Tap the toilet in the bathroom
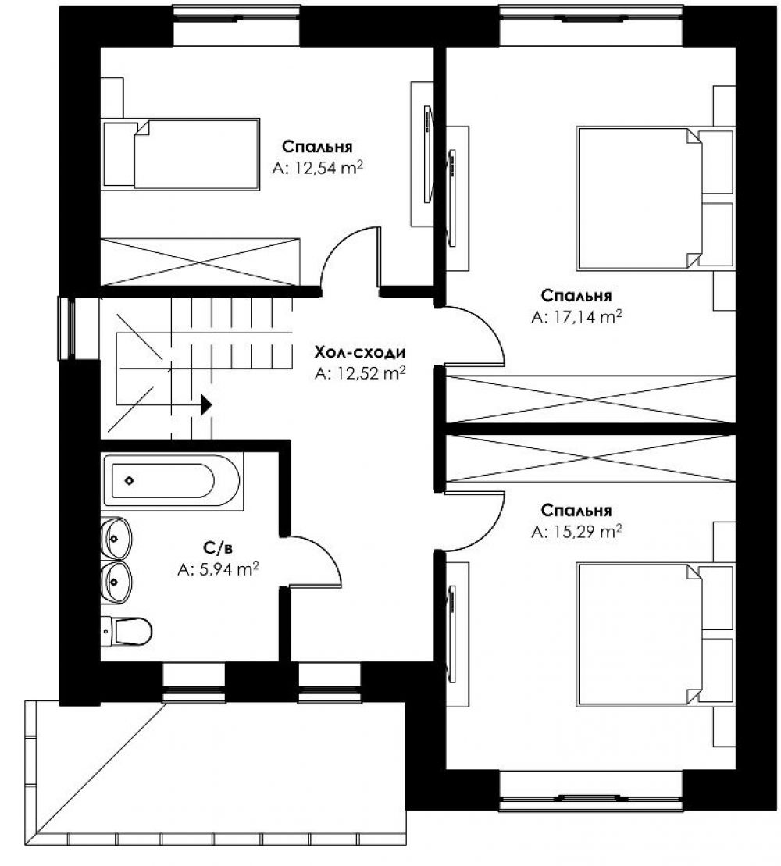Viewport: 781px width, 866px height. (127, 631)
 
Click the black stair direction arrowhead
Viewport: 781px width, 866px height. (206, 404)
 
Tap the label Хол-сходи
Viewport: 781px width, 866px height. (359, 352)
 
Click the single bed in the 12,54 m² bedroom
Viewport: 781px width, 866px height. (181, 154)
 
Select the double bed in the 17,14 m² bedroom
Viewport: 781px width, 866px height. (655, 199)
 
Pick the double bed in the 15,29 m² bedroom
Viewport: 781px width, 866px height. (655, 635)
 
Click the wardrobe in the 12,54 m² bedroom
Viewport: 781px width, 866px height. (201, 262)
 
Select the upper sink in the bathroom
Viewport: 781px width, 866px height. (116, 538)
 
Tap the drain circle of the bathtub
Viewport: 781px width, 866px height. (129, 480)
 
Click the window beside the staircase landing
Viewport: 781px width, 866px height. (67, 328)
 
